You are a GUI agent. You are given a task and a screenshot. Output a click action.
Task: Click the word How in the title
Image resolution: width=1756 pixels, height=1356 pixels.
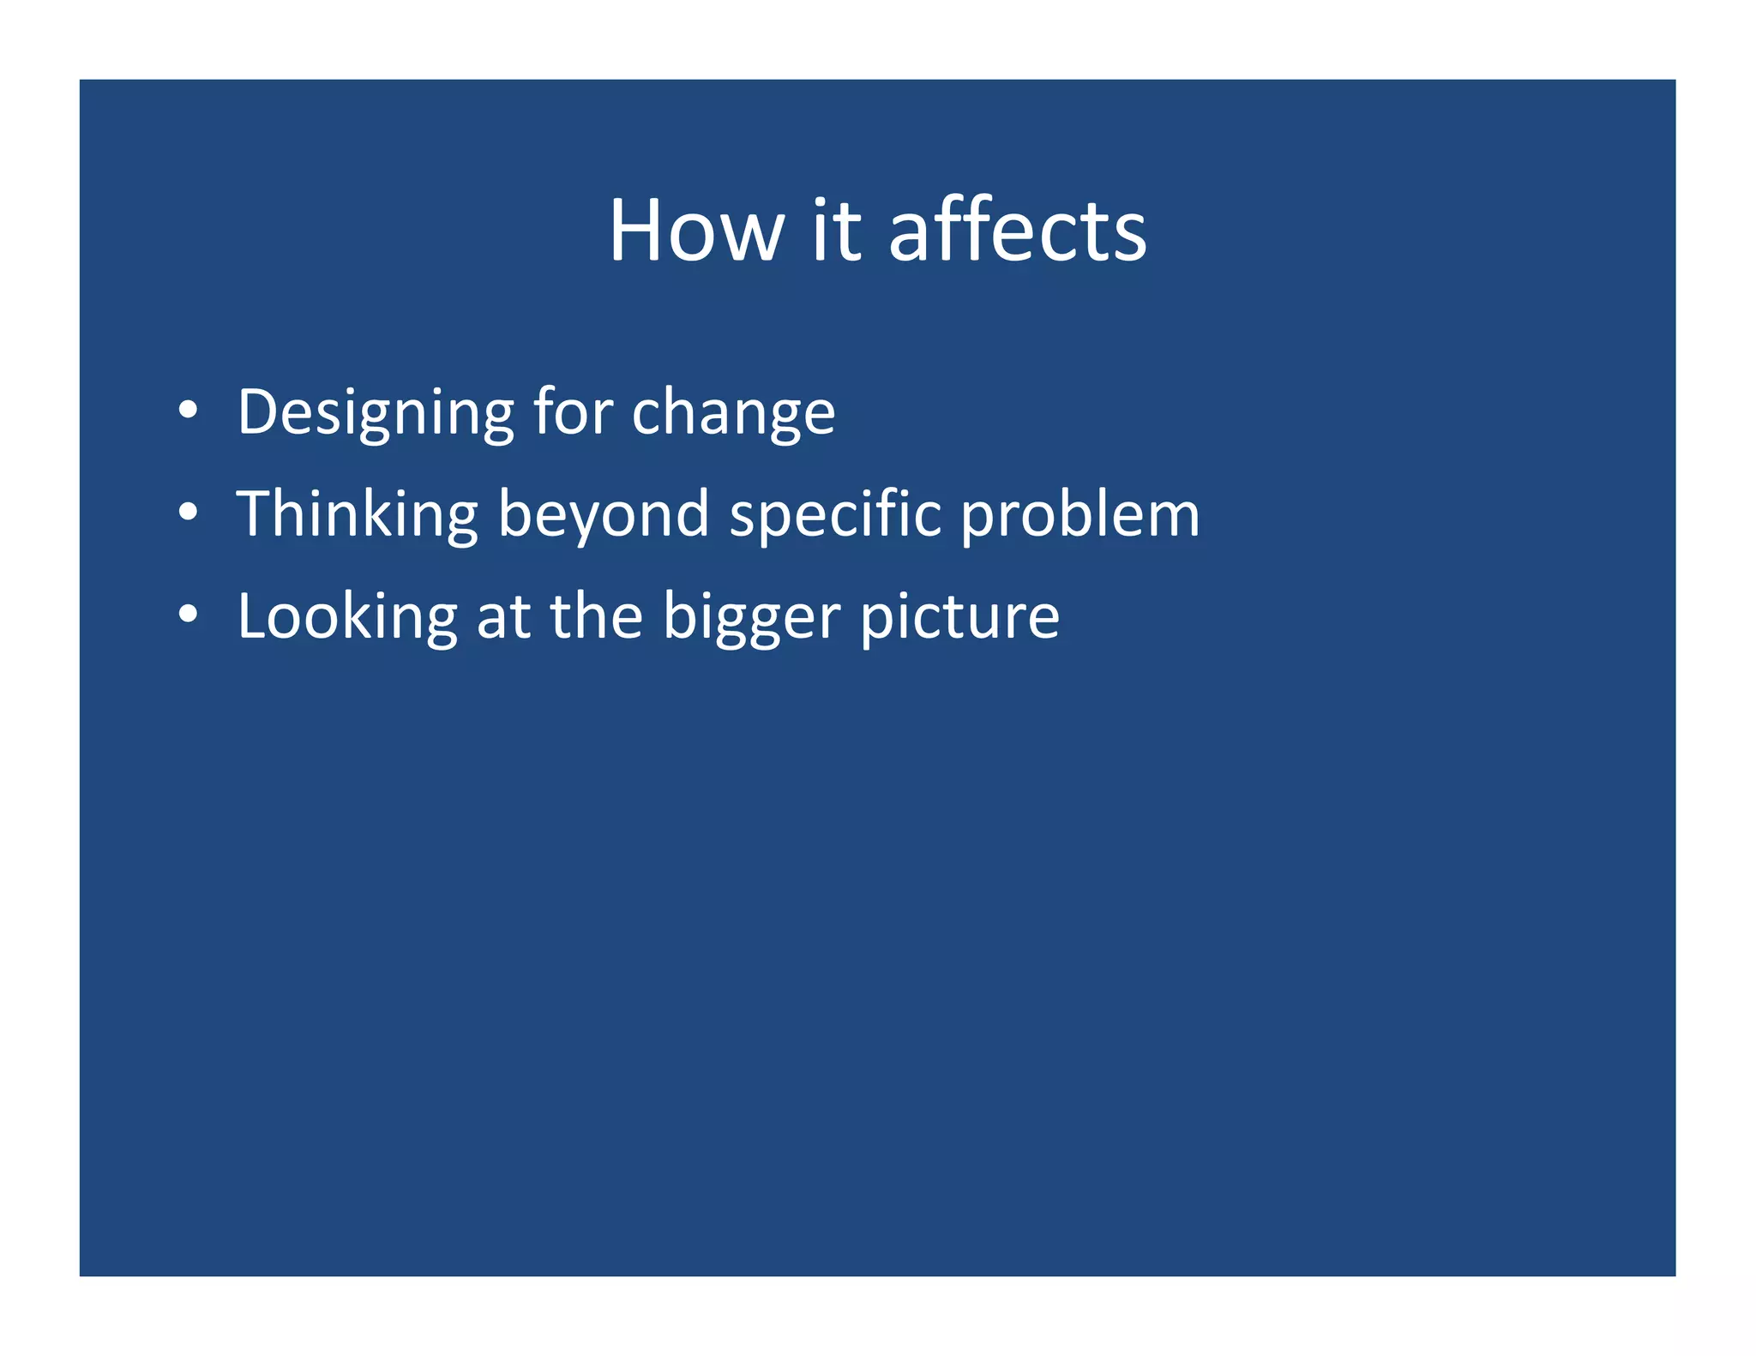[696, 231]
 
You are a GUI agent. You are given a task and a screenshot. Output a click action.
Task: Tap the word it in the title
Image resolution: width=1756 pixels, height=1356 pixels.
[835, 231]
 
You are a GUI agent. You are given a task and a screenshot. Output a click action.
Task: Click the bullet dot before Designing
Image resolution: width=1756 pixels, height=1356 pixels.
[189, 411]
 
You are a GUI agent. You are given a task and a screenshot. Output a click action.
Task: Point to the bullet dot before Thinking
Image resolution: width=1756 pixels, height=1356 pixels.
[189, 513]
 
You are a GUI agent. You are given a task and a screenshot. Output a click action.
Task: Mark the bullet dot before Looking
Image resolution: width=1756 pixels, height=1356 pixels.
[189, 615]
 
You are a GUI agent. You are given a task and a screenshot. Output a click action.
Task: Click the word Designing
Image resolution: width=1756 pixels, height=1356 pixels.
[376, 413]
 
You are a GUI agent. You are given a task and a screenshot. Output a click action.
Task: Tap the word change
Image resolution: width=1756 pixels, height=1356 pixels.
[733, 413]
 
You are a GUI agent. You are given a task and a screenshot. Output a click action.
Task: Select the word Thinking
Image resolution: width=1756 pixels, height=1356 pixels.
[357, 514]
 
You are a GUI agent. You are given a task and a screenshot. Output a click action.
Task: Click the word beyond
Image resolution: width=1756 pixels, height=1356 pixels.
[603, 514]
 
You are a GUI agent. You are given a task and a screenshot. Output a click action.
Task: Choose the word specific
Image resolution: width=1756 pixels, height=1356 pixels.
[835, 514]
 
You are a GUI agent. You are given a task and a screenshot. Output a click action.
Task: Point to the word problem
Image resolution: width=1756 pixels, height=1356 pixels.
[1079, 514]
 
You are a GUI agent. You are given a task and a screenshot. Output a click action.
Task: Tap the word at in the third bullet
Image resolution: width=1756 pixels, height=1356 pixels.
[502, 617]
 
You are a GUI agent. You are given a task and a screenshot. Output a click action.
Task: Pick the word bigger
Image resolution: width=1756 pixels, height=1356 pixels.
[752, 617]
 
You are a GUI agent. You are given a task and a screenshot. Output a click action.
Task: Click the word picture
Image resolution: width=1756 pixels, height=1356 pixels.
[959, 617]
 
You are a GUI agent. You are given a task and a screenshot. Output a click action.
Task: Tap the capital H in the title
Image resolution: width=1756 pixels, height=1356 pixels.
[635, 231]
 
